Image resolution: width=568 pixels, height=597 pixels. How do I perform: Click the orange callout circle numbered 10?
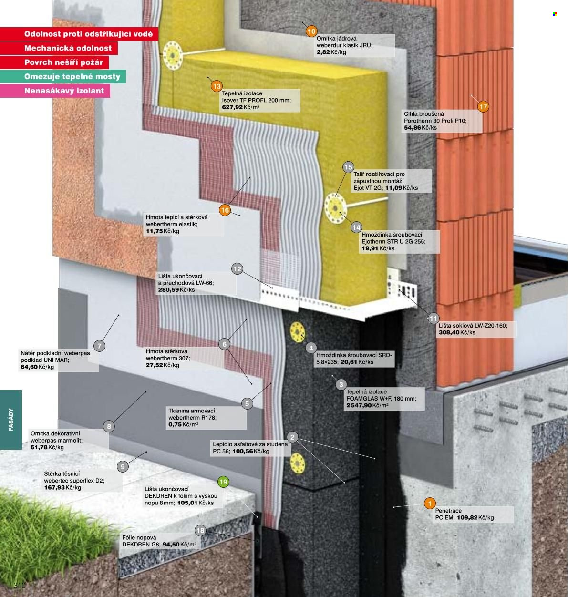(311, 31)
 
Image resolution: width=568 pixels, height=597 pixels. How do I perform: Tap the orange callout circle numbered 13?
(217, 86)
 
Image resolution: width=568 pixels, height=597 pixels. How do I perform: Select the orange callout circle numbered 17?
(483, 107)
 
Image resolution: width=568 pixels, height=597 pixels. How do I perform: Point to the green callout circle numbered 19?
(223, 482)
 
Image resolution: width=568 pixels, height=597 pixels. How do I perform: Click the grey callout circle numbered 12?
(237, 269)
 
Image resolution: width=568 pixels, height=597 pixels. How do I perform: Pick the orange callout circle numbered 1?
(430, 504)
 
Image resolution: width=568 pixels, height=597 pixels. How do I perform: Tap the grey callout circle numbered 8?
(109, 426)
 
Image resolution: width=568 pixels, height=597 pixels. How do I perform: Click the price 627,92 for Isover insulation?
(232, 107)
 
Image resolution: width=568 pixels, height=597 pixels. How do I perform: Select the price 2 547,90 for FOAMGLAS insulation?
(359, 405)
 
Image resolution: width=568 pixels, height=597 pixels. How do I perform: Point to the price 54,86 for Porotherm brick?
(412, 127)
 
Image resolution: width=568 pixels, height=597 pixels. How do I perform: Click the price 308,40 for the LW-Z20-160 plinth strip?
(449, 332)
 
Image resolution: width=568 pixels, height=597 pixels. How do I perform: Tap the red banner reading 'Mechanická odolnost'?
(59, 48)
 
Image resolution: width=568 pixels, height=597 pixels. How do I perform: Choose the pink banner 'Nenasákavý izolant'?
(55, 91)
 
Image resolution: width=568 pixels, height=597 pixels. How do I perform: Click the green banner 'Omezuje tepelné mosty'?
(63, 76)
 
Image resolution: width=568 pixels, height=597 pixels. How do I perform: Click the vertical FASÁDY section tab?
(11, 420)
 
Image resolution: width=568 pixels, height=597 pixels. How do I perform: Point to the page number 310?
(20, 585)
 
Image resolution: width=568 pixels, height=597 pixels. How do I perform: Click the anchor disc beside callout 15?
(335, 208)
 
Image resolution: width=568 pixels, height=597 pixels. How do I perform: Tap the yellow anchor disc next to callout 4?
(298, 332)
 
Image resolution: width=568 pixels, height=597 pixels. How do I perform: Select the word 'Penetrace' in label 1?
(448, 511)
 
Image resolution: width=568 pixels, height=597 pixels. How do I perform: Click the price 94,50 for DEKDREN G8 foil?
(171, 545)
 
